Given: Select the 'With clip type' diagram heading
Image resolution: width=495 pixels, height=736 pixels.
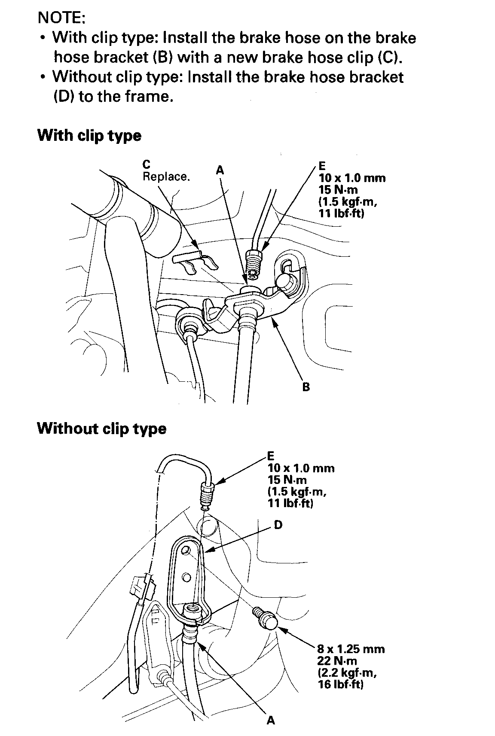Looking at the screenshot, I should point(89,136).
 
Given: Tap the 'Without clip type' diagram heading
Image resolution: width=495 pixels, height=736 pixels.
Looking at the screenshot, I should point(101,429).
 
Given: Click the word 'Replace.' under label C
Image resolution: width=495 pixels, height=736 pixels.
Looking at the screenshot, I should point(166,177).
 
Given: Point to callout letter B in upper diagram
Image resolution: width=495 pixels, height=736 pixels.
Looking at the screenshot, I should point(306,387).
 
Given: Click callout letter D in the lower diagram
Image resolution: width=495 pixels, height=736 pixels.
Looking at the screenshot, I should point(278,524).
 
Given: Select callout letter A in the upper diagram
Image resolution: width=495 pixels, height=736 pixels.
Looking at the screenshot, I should point(220,170).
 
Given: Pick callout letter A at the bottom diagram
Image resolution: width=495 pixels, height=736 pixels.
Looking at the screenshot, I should point(271,720).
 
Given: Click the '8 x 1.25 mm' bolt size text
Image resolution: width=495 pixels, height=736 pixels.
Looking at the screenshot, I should point(351,649).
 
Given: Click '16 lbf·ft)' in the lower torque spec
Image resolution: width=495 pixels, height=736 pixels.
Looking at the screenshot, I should point(341,684).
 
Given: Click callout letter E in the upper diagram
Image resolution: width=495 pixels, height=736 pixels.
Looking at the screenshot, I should point(322,166).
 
